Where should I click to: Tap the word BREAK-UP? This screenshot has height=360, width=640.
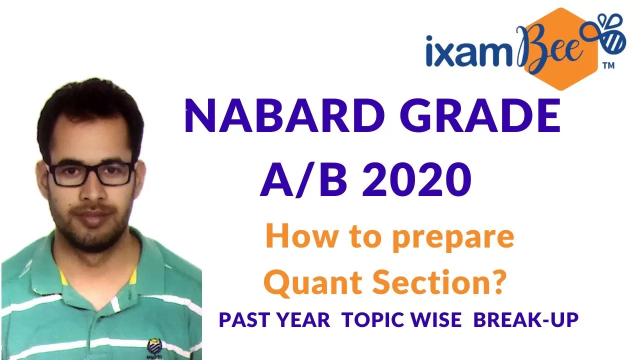coord(526,319)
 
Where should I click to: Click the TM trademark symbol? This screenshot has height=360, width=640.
coord(608,65)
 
